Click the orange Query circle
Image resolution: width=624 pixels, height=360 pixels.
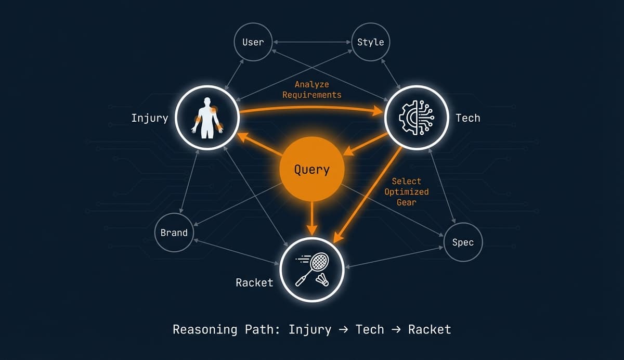click(x=312, y=170)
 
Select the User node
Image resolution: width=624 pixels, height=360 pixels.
click(x=253, y=42)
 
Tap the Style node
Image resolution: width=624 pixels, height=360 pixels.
click(x=370, y=42)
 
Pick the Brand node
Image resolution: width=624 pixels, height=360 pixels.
click(x=174, y=233)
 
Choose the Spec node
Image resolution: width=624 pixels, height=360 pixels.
click(x=463, y=242)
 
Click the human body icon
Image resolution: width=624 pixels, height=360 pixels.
click(x=207, y=118)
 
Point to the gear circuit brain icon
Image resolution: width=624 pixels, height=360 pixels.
click(x=416, y=118)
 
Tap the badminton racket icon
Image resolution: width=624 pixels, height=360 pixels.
click(x=309, y=268)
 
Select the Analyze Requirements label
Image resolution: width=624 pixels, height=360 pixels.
click(x=311, y=89)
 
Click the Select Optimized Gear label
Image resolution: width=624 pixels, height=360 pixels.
click(x=406, y=191)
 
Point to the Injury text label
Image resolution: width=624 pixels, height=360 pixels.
click(x=150, y=118)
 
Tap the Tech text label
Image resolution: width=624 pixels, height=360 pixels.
click(x=467, y=118)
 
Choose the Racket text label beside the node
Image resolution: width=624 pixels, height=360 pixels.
click(x=254, y=282)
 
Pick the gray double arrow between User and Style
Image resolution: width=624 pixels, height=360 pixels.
click(x=311, y=42)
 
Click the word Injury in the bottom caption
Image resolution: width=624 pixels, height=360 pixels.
click(x=310, y=329)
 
